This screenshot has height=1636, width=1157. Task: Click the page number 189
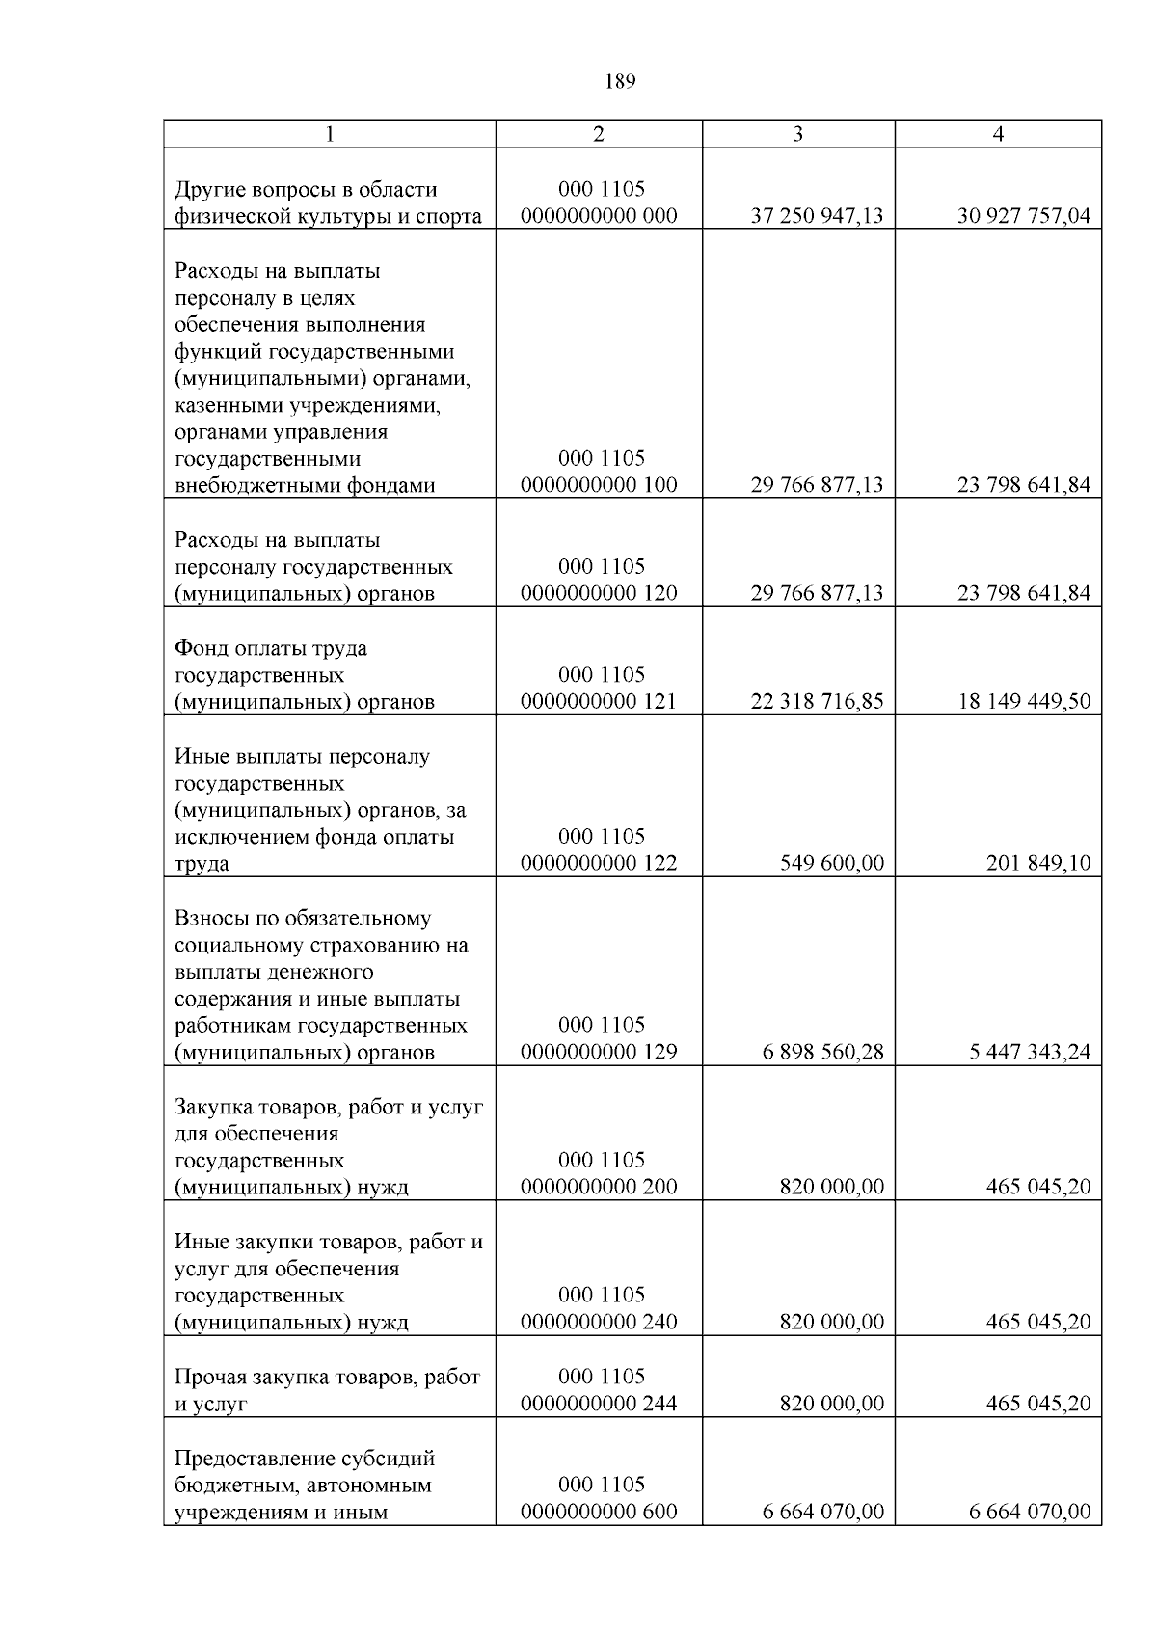tap(620, 82)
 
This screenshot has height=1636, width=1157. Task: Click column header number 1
tap(330, 134)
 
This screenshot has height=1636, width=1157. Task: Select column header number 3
tap(797, 134)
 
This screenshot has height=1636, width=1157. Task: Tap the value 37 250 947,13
tap(817, 216)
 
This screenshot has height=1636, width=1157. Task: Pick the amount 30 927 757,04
tap(1023, 216)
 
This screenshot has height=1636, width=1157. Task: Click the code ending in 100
tap(599, 485)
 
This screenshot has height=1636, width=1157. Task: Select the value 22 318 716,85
tap(817, 702)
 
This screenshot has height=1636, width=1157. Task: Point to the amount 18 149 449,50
tap(1023, 702)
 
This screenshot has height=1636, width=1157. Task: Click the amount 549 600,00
tap(831, 864)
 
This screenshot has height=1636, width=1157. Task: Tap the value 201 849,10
tap(1037, 864)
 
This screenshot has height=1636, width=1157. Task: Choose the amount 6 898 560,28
tap(822, 1053)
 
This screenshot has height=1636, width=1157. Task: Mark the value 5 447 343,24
tap(1030, 1053)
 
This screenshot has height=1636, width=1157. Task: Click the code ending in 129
tap(599, 1053)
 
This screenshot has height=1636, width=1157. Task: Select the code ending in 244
tap(599, 1404)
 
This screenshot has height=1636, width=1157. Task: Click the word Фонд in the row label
tap(201, 648)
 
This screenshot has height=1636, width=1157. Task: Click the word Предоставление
tap(250, 1458)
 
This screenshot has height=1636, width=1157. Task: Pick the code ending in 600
tap(599, 1513)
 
